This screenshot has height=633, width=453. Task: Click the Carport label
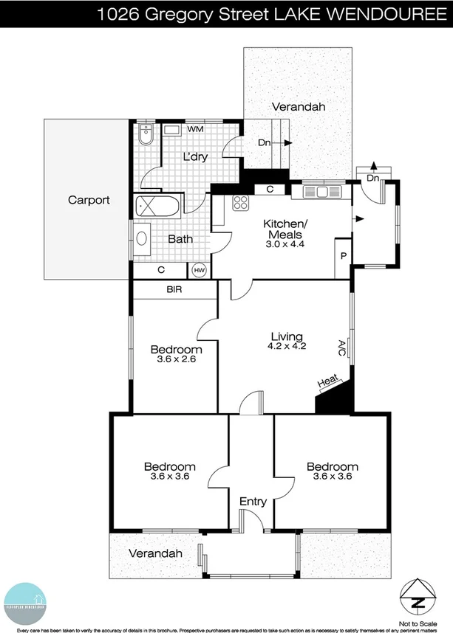[x=89, y=200]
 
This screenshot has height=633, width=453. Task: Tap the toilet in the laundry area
[x=145, y=136]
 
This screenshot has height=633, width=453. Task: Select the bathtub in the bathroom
[x=157, y=206]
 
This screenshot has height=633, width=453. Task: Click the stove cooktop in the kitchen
[x=241, y=202]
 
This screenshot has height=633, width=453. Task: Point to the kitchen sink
[x=322, y=192]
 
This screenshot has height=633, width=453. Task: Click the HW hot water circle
[x=199, y=271]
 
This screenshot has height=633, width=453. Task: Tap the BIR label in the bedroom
[x=174, y=291]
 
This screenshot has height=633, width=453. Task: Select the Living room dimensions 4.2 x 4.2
[x=287, y=345]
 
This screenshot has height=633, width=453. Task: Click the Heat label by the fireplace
[x=328, y=382]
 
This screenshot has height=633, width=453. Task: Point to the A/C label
[x=341, y=347]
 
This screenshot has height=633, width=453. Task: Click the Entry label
[x=253, y=502]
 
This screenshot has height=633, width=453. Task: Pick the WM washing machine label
[x=196, y=129]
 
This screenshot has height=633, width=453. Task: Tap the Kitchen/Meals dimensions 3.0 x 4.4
[x=285, y=243]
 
